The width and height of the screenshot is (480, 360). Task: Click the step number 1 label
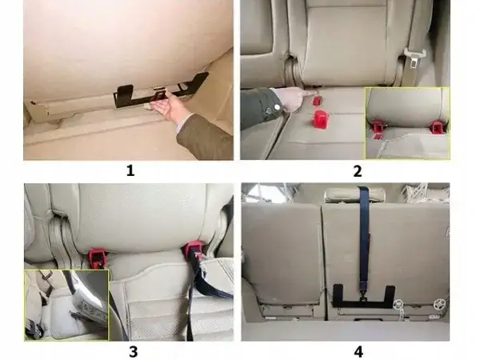coord(130,170)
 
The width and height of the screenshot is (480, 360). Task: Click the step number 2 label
coord(357,170)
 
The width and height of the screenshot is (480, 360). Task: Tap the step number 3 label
coord(130,350)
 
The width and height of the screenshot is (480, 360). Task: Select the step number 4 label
coord(357,350)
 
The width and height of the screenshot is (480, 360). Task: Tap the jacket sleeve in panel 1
coord(205,138)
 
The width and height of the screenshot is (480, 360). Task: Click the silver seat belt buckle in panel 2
coord(414,58)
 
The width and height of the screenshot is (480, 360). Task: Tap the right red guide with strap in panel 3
coord(194,251)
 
